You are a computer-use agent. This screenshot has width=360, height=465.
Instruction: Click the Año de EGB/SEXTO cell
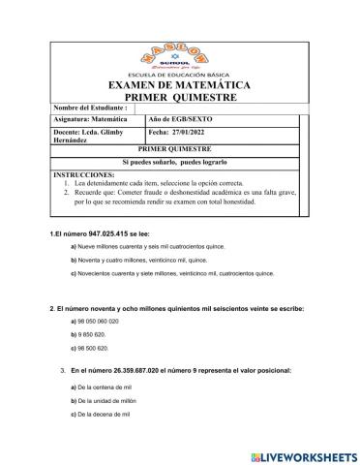pos(179,121)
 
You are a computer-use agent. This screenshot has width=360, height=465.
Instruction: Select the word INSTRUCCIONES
pos(81,173)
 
